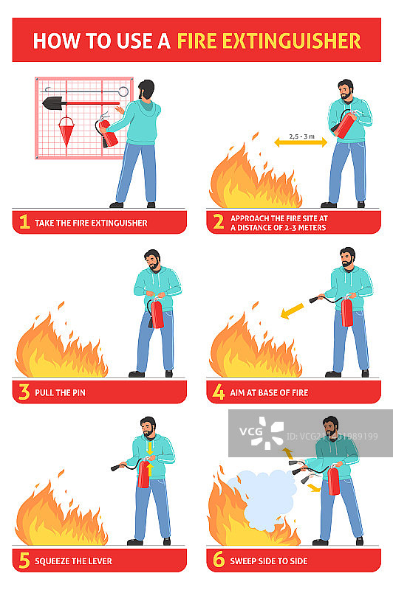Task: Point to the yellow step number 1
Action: pos(24,222)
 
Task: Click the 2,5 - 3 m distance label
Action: pos(301,136)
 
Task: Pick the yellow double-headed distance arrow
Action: pos(301,142)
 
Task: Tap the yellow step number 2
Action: pos(219,222)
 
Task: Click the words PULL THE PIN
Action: pos(61,393)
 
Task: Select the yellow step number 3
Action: pos(24,392)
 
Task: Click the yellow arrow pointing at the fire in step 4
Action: pos(293,311)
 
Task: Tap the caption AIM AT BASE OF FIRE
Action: pos(269,393)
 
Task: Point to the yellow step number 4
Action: pos(219,392)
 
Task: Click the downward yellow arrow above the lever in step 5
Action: pos(150,448)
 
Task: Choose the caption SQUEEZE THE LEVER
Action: pos(73,561)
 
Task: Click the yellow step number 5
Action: pos(24,560)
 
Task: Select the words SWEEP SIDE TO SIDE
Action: pos(269,561)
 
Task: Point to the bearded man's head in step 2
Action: pos(346,89)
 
